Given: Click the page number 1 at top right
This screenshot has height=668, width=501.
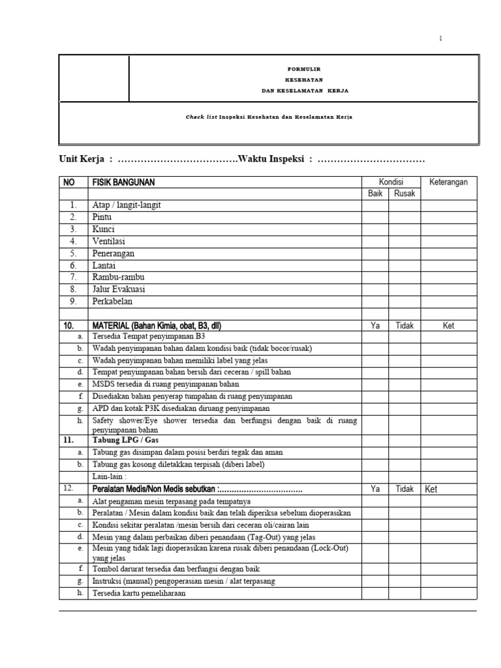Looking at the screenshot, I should click(440, 39).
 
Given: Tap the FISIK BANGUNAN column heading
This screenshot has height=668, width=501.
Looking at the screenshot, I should click(124, 183).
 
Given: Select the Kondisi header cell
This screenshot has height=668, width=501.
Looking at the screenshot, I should click(391, 182).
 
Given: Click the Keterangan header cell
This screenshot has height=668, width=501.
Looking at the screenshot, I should click(448, 182).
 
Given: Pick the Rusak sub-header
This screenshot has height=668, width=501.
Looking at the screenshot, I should click(404, 194).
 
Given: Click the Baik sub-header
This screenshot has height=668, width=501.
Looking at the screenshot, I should click(375, 194).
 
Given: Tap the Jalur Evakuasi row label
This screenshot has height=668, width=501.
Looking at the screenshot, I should click(119, 289).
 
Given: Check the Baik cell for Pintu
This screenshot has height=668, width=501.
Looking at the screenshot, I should click(375, 217).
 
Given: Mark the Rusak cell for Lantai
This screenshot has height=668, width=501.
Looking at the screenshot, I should click(404, 266).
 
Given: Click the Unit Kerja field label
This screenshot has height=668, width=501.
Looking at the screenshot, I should click(82, 160).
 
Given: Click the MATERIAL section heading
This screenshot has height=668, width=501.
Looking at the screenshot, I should click(161, 325).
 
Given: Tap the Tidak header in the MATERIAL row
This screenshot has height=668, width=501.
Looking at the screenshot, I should click(404, 325).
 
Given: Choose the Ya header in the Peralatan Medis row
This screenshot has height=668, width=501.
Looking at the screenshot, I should click(375, 489).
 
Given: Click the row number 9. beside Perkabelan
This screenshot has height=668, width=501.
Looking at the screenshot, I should click(74, 301).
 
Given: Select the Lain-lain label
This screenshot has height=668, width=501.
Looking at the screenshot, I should click(109, 476).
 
